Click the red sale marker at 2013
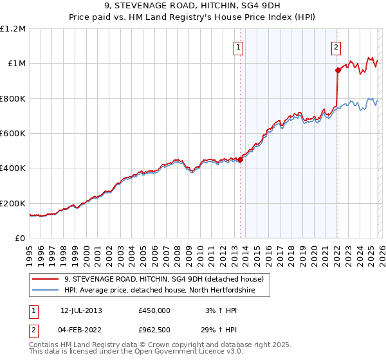pyautogui.click(x=240, y=160)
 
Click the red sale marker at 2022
pyautogui.click(x=337, y=70)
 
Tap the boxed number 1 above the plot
pyautogui.click(x=239, y=46)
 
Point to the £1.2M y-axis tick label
pyautogui.click(x=13, y=29)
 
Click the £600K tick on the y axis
pyautogui.click(x=13, y=134)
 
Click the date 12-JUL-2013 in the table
pyautogui.click(x=81, y=310)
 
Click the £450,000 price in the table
pyautogui.click(x=154, y=310)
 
